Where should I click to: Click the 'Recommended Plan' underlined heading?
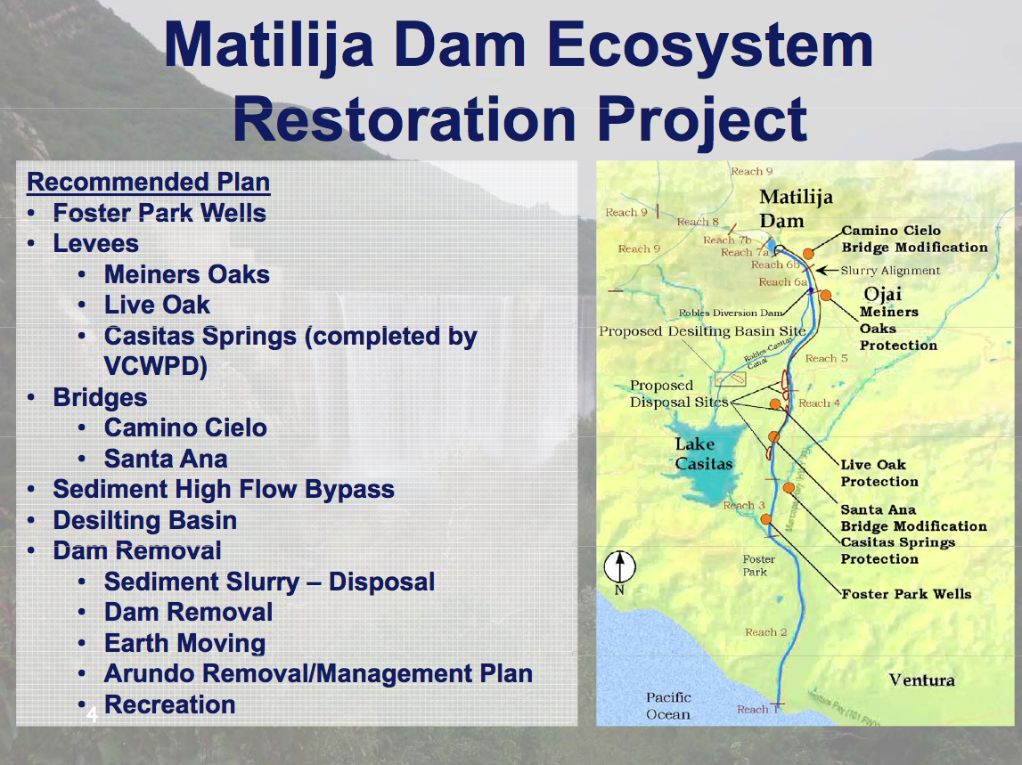148,183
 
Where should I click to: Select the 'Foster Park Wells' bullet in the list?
159,214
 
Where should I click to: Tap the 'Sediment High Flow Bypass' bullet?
223,490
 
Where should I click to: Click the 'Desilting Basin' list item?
144,520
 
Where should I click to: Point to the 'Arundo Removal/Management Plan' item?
318,674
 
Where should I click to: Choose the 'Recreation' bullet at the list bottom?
169,705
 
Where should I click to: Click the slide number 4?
91,714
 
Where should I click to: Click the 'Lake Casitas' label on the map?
703,453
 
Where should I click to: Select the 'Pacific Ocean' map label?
668,705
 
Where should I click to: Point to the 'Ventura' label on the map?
921,680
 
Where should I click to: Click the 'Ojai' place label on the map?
883,294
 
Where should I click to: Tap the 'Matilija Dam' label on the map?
781,209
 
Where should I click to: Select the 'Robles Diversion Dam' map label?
731,313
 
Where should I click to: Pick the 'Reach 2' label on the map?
766,632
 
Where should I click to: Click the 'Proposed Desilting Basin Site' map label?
702,331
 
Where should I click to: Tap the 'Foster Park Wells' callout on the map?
906,594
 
